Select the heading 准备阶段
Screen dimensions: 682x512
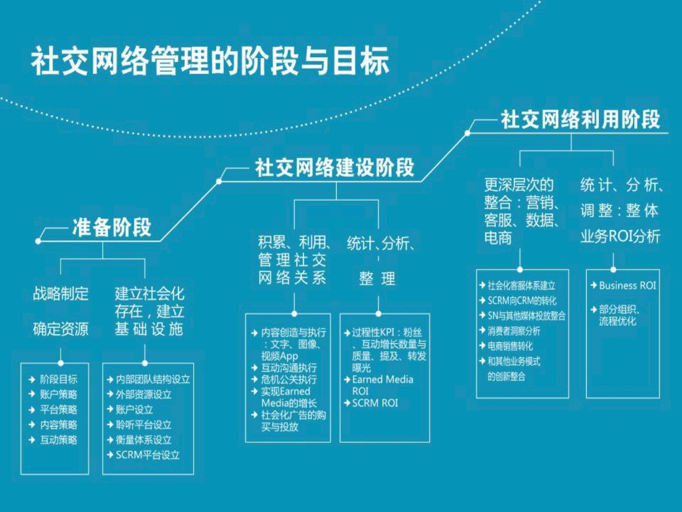tap(111, 227)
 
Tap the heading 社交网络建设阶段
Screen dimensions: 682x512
tap(335, 167)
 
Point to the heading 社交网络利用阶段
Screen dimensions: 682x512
tap(580, 119)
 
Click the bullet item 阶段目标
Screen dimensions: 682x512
tap(58, 380)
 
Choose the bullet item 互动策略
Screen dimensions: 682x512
tap(58, 440)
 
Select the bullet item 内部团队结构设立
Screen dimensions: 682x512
tap(153, 380)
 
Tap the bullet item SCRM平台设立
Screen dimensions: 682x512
tap(148, 455)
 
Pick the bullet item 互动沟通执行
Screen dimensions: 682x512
tap(289, 368)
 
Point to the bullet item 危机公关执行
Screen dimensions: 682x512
tap(289, 380)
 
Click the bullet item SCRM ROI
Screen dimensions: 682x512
tap(375, 403)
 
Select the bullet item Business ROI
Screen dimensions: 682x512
tap(627, 285)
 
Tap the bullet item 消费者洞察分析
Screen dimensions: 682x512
tap(514, 331)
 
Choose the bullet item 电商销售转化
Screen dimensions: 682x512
tap(510, 346)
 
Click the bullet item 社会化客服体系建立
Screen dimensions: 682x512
tap(522, 285)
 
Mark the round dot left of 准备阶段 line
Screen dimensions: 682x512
tap(38, 241)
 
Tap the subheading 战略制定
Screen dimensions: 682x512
tap(60, 294)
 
